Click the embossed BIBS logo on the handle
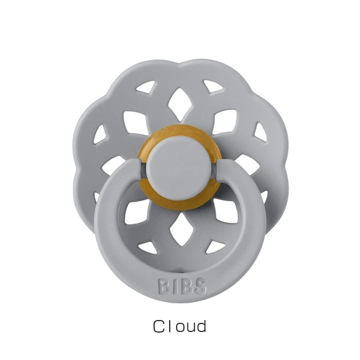click(182, 286)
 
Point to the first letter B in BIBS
click(163, 286)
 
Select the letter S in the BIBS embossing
click(200, 286)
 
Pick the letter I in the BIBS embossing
click(175, 286)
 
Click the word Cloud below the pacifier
click(179, 326)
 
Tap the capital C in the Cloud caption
click(159, 326)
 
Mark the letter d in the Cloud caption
click(201, 326)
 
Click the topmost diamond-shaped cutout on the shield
click(179, 105)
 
